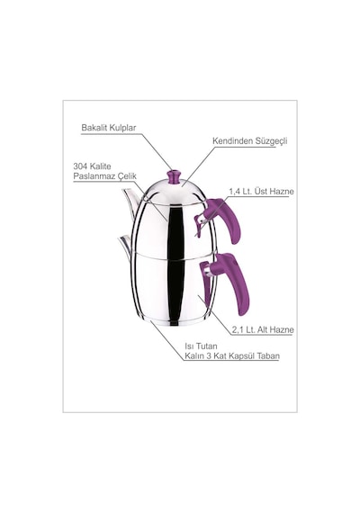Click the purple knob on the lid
point(175,176)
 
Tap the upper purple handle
point(226,218)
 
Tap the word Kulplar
point(122,128)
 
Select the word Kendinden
point(232,141)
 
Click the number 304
point(80,166)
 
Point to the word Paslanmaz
point(93,176)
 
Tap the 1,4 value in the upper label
point(234,192)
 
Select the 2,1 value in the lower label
point(238,329)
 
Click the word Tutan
point(204,346)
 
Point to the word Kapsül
point(241,356)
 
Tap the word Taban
point(268,356)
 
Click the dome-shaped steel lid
point(175,193)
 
